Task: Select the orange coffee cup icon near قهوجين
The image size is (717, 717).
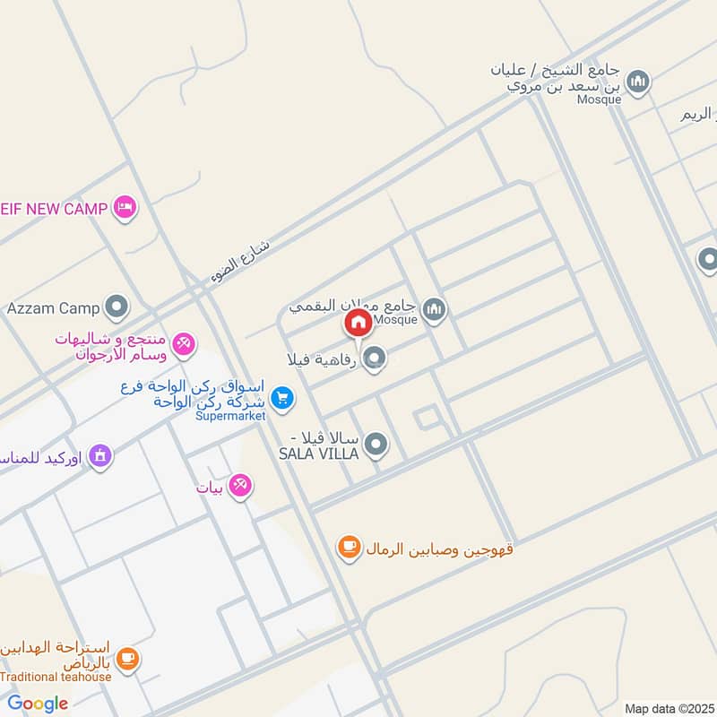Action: tap(349, 547)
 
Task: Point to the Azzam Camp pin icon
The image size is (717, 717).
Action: tap(116, 307)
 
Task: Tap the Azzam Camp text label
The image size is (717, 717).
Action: tap(53, 308)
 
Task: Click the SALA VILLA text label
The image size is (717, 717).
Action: tap(318, 454)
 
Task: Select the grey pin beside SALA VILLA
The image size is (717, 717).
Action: tap(376, 444)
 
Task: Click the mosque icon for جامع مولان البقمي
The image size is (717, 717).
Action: tap(435, 310)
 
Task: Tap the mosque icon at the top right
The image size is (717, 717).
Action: tap(638, 82)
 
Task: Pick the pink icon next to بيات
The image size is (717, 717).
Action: tap(239, 487)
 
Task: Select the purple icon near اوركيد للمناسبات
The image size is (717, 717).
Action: tap(99, 457)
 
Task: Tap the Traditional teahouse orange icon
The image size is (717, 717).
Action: tap(128, 659)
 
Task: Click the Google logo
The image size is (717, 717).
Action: tap(38, 704)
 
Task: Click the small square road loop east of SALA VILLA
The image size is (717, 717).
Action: tap(427, 418)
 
